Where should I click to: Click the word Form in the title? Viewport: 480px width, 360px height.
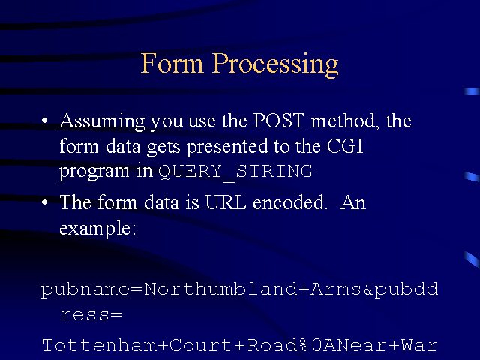(x=172, y=63)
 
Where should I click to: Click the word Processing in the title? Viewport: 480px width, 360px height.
(x=275, y=65)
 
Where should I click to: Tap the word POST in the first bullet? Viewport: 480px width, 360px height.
(x=278, y=120)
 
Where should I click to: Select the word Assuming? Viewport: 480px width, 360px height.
(x=102, y=122)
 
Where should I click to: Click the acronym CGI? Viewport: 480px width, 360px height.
(x=345, y=146)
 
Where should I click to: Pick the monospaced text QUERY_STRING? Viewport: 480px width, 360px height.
(x=235, y=172)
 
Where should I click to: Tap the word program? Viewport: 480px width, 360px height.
(x=94, y=172)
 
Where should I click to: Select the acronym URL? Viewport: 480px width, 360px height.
(x=226, y=202)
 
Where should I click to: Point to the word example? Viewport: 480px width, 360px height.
(x=97, y=229)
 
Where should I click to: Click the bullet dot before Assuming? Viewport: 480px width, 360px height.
(x=45, y=121)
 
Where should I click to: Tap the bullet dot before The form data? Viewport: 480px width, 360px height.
(x=45, y=202)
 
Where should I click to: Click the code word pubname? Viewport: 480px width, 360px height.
(x=85, y=289)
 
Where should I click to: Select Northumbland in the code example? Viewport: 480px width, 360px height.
(x=220, y=289)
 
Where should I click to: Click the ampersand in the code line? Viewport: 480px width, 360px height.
(x=368, y=289)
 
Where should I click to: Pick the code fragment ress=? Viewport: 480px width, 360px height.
(x=91, y=315)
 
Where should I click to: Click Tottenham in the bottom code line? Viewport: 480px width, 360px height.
(x=100, y=345)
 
